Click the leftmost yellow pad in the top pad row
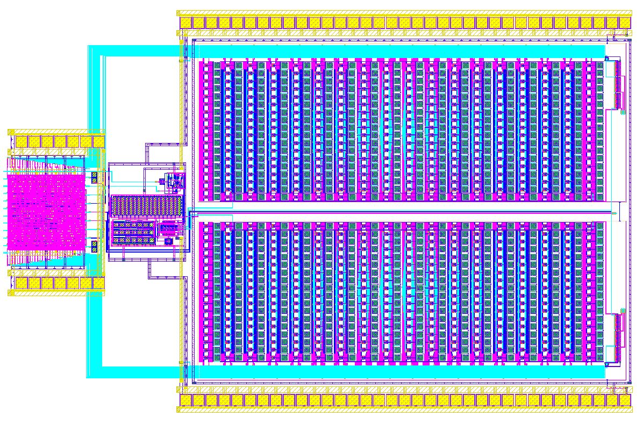[x=186, y=23]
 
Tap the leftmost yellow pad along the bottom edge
[x=186, y=400]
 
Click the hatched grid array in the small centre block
[x=146, y=205]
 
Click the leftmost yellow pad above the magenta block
[x=22, y=141]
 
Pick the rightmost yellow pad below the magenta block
[x=98, y=283]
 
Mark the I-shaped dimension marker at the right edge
[x=619, y=211]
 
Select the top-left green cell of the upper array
[x=217, y=66]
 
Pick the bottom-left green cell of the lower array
[x=217, y=356]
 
